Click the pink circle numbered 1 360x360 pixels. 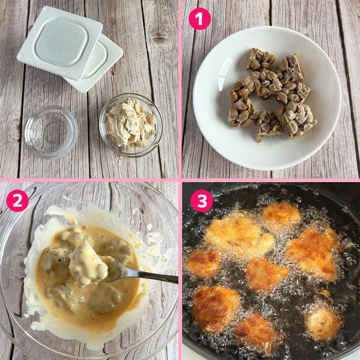(x=199, y=18)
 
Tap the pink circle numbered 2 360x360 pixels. (x=17, y=200)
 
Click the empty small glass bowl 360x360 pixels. (x=51, y=132)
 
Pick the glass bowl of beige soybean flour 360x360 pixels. (x=131, y=125)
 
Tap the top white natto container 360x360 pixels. (x=60, y=43)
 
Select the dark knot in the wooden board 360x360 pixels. (x=158, y=35)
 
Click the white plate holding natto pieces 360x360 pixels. (x=267, y=98)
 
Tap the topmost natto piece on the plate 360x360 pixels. (x=259, y=59)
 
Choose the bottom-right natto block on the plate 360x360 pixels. (x=296, y=119)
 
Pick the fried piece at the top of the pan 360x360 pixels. (x=281, y=215)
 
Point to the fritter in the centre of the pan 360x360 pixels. (x=266, y=274)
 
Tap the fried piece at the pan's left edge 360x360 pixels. (x=202, y=263)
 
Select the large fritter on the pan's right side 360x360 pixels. (x=313, y=253)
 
